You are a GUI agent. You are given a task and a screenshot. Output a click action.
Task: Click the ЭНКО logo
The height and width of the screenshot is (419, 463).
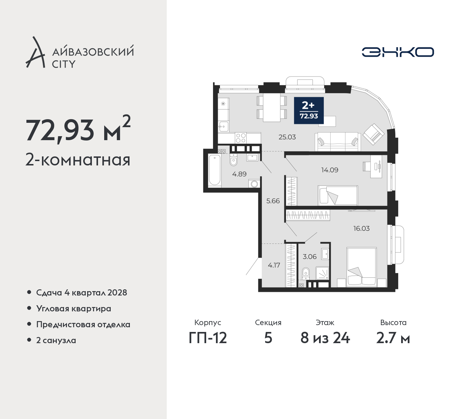398,52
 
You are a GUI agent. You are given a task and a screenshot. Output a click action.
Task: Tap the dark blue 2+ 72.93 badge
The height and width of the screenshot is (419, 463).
309,111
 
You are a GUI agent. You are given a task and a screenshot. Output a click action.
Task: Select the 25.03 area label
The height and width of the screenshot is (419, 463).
287,137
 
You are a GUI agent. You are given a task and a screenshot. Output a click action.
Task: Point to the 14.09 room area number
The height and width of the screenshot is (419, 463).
330,170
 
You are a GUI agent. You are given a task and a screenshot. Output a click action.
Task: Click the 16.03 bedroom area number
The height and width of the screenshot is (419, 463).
361,228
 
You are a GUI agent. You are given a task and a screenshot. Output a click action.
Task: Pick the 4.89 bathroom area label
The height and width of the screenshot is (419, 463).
239,174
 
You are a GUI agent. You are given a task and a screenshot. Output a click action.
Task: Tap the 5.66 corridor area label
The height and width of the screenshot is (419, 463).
273,201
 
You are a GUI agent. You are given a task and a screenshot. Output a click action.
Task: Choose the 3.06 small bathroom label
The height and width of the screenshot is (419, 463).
310,256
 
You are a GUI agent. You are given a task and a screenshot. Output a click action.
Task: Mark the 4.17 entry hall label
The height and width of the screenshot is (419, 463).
274,265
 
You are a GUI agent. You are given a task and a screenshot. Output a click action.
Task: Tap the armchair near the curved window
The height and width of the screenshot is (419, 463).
373,134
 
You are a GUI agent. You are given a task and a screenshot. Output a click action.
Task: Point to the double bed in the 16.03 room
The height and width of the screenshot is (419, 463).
361,267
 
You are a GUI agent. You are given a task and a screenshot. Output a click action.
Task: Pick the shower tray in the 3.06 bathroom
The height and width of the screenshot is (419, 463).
322,273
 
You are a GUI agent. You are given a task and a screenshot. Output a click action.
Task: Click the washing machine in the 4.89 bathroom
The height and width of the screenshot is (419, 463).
254,184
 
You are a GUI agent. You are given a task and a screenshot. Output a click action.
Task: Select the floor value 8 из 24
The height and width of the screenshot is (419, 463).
325,338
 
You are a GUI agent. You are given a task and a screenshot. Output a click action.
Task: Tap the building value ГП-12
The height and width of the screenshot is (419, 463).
208,338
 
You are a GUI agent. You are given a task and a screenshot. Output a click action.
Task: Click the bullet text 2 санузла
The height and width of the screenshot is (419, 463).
56,340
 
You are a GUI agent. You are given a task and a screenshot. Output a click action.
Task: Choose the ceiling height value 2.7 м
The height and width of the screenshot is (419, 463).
393,338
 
